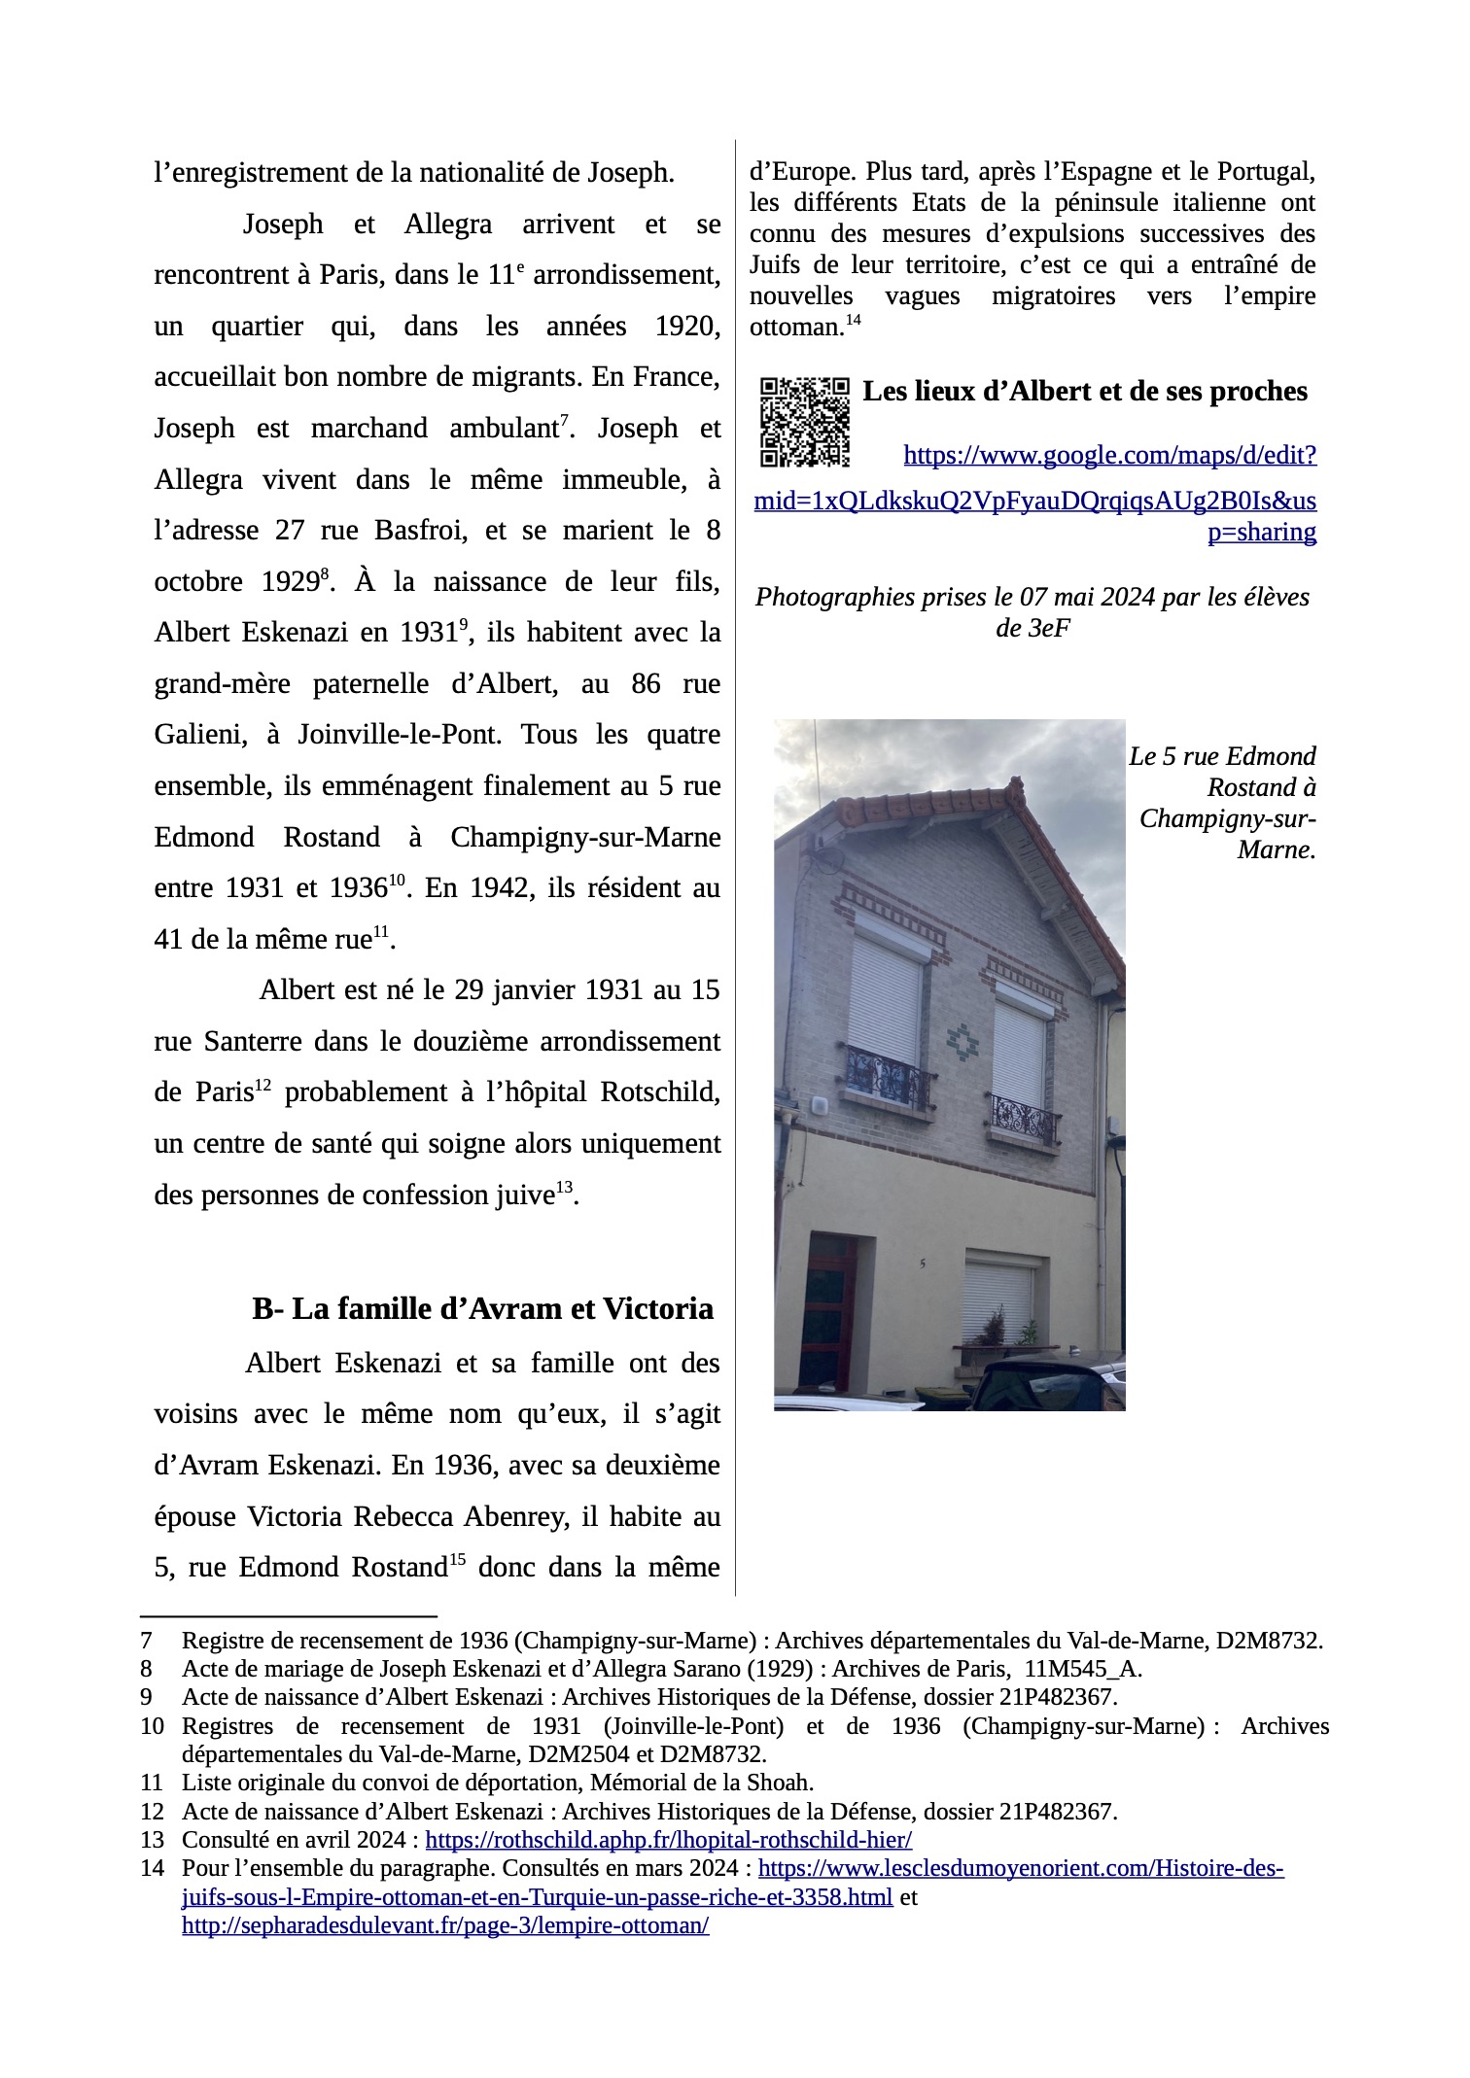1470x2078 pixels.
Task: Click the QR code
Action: pyautogui.click(x=804, y=422)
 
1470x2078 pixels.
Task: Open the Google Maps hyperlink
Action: pyautogui.click(x=1035, y=502)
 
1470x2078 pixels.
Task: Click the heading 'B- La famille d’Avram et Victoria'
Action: pyautogui.click(x=482, y=1309)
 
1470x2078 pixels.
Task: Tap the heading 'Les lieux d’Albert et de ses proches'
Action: pyautogui.click(x=1085, y=392)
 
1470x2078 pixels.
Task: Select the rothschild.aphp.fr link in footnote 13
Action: pyautogui.click(x=669, y=1839)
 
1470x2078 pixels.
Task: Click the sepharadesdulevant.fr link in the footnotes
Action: pyautogui.click(x=445, y=1924)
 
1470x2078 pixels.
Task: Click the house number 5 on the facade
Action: pyautogui.click(x=921, y=1264)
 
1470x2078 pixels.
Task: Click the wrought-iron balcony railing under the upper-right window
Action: pyautogui.click(x=1023, y=1120)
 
